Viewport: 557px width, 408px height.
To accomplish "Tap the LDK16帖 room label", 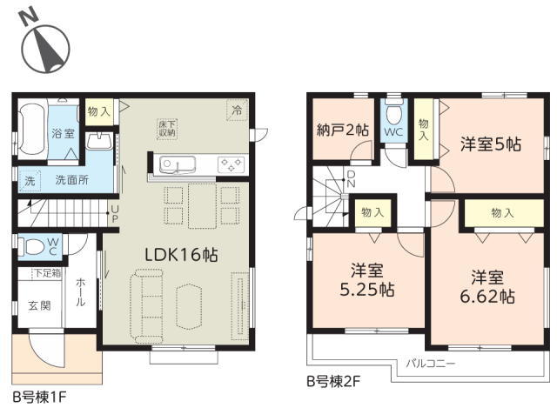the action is [182, 255].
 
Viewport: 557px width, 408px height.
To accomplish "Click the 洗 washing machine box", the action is [30, 181].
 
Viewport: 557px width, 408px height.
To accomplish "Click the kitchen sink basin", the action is [178, 165].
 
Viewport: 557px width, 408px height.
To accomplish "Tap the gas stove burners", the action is [231, 164].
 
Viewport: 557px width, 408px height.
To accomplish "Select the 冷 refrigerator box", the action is [237, 110].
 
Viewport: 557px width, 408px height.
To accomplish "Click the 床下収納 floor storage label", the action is [166, 129].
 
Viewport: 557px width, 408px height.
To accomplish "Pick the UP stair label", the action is [115, 213].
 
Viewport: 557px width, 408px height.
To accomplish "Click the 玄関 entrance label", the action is [39, 305].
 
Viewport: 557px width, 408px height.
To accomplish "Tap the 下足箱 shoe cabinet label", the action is [47, 273].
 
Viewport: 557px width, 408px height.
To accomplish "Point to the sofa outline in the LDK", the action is [147, 306].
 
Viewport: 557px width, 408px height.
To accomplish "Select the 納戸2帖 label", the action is [342, 130].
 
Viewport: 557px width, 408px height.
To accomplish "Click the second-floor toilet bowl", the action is [393, 112].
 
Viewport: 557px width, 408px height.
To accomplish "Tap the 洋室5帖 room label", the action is [491, 144].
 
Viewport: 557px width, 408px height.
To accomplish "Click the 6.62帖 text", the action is [487, 296].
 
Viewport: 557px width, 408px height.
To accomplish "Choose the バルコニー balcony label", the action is [431, 364].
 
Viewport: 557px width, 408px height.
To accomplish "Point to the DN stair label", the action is [351, 179].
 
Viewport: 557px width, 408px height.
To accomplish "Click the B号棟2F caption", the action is [333, 382].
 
